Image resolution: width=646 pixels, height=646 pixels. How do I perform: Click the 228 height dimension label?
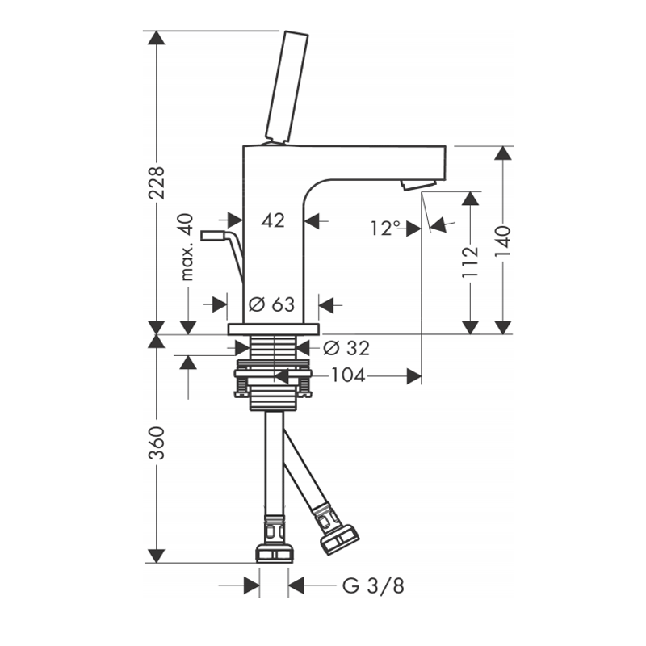coord(156,183)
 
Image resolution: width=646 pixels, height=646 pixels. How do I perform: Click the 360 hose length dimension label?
coord(157,443)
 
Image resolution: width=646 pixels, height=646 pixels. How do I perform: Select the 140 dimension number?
coord(502,241)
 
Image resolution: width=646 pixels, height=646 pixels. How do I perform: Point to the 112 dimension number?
coord(470,262)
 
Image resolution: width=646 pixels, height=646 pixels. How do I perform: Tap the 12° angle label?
coord(386,228)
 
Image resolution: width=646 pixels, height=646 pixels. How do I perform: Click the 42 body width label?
coord(273,220)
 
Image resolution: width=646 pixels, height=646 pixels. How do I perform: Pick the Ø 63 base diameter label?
coord(272,305)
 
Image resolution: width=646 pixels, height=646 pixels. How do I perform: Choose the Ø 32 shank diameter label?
coord(346,348)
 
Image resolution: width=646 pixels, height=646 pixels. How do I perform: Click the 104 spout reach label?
coord(349,375)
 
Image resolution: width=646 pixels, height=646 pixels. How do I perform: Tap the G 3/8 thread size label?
coord(373,585)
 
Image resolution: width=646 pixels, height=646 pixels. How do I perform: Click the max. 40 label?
coord(187,247)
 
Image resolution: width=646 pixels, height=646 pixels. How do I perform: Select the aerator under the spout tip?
coord(418,185)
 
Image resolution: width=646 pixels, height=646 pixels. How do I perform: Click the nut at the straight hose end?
coord(275,553)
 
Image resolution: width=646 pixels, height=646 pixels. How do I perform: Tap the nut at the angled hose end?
coord(340,539)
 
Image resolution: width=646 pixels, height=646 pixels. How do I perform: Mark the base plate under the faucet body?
coord(274,329)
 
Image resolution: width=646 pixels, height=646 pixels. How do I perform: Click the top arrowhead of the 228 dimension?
coord(156,37)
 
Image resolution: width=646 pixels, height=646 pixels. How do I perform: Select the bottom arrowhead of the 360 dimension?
coord(156,556)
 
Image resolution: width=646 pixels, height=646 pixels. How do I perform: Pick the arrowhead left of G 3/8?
coord(252,585)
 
